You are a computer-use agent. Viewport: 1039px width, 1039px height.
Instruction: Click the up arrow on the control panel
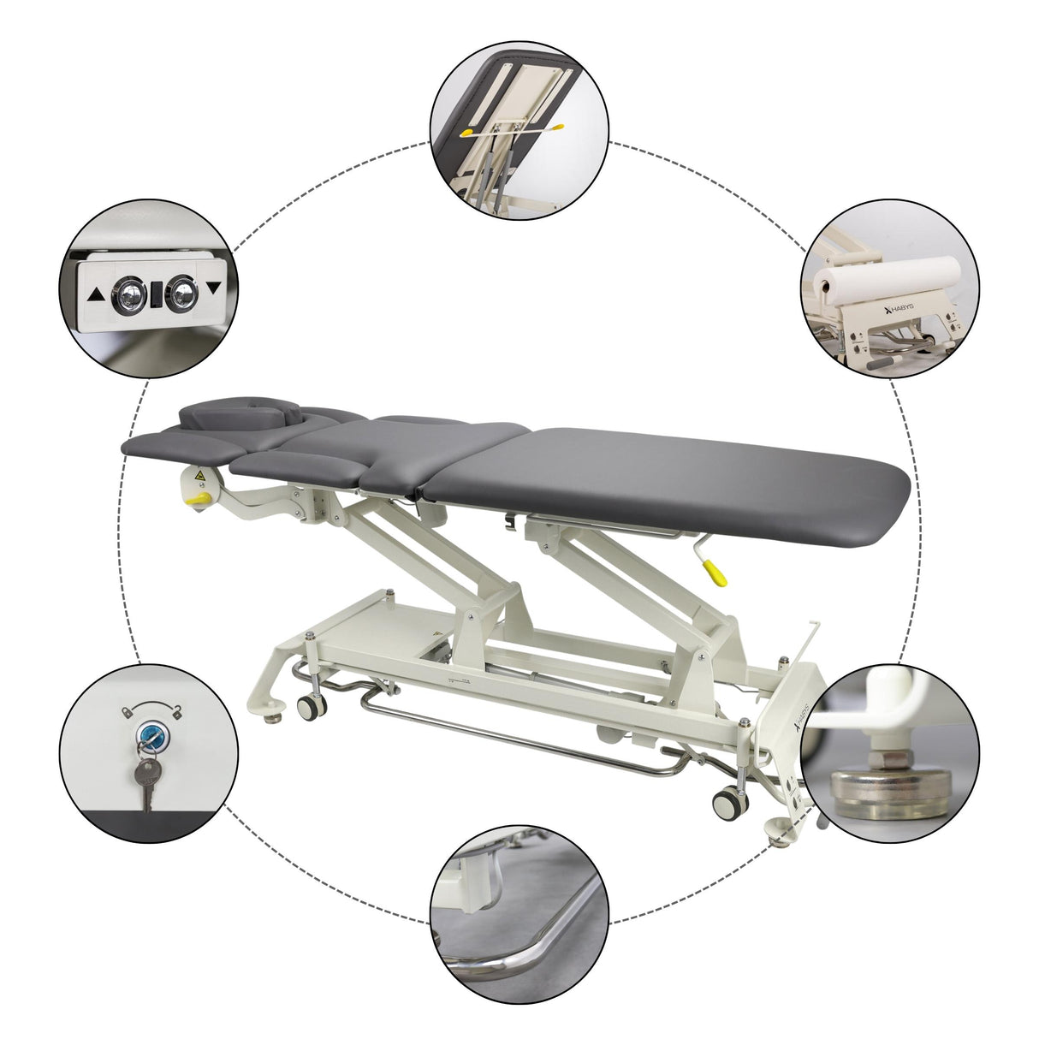point(96,295)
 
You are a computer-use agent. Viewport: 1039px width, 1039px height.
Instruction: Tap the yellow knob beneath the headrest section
point(199,496)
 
